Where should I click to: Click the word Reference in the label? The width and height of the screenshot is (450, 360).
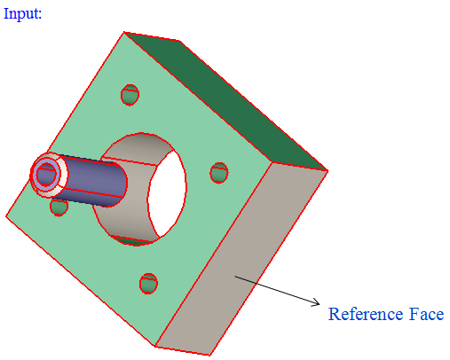click(366, 314)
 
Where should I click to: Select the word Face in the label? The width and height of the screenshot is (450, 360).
click(426, 314)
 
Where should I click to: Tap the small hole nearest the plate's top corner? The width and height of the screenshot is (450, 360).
click(130, 95)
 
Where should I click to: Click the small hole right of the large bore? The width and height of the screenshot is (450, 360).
click(219, 173)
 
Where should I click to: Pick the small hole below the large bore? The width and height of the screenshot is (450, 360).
click(148, 284)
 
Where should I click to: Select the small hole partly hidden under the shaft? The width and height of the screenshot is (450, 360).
click(59, 207)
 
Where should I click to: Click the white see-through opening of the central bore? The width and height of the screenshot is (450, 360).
click(167, 193)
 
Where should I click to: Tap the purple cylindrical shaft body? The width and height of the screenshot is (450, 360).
click(91, 180)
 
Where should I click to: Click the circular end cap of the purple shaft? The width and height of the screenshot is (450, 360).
click(46, 174)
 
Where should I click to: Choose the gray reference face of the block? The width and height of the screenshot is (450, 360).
click(241, 259)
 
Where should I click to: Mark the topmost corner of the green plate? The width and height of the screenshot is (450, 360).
click(124, 32)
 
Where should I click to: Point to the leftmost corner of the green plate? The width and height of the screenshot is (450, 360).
click(6, 216)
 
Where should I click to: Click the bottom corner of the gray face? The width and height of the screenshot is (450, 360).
click(209, 355)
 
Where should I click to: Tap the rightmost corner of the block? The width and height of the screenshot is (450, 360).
click(328, 170)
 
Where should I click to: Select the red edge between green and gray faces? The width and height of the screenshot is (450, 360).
click(213, 254)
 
